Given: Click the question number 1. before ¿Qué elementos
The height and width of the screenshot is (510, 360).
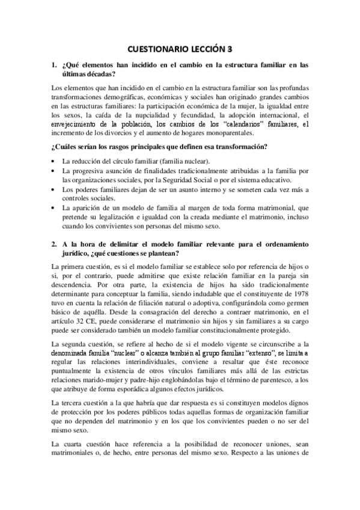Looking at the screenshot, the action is [55, 64].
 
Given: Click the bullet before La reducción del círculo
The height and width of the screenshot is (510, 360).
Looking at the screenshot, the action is [55, 162].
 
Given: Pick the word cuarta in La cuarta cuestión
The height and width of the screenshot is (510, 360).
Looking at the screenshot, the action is [75, 444].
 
